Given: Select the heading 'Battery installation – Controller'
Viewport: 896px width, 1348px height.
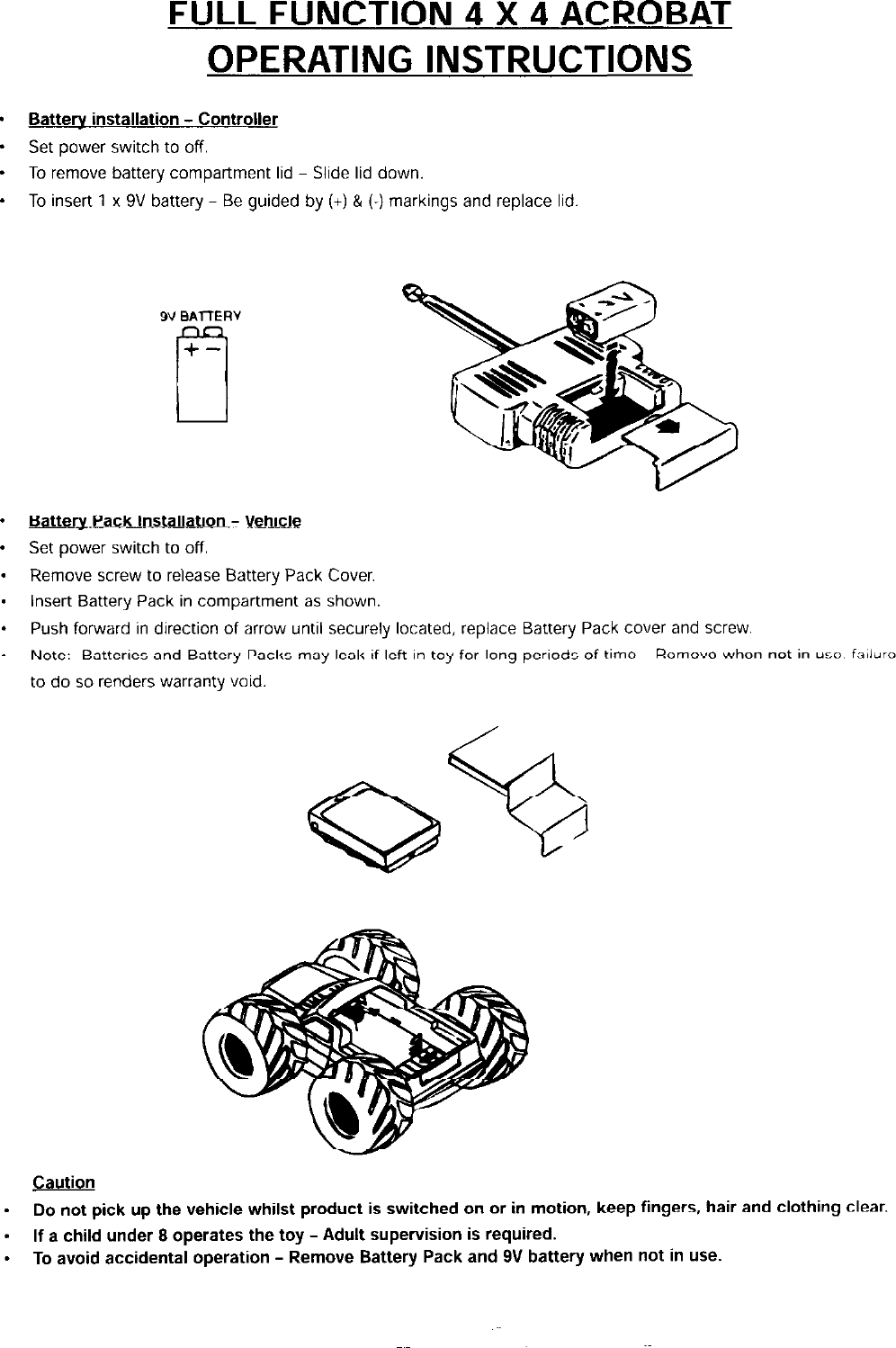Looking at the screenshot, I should (153, 120).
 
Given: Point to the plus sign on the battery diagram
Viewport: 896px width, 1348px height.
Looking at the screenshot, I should (192, 351).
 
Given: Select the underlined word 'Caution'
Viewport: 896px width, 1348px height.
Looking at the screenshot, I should (64, 1182).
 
